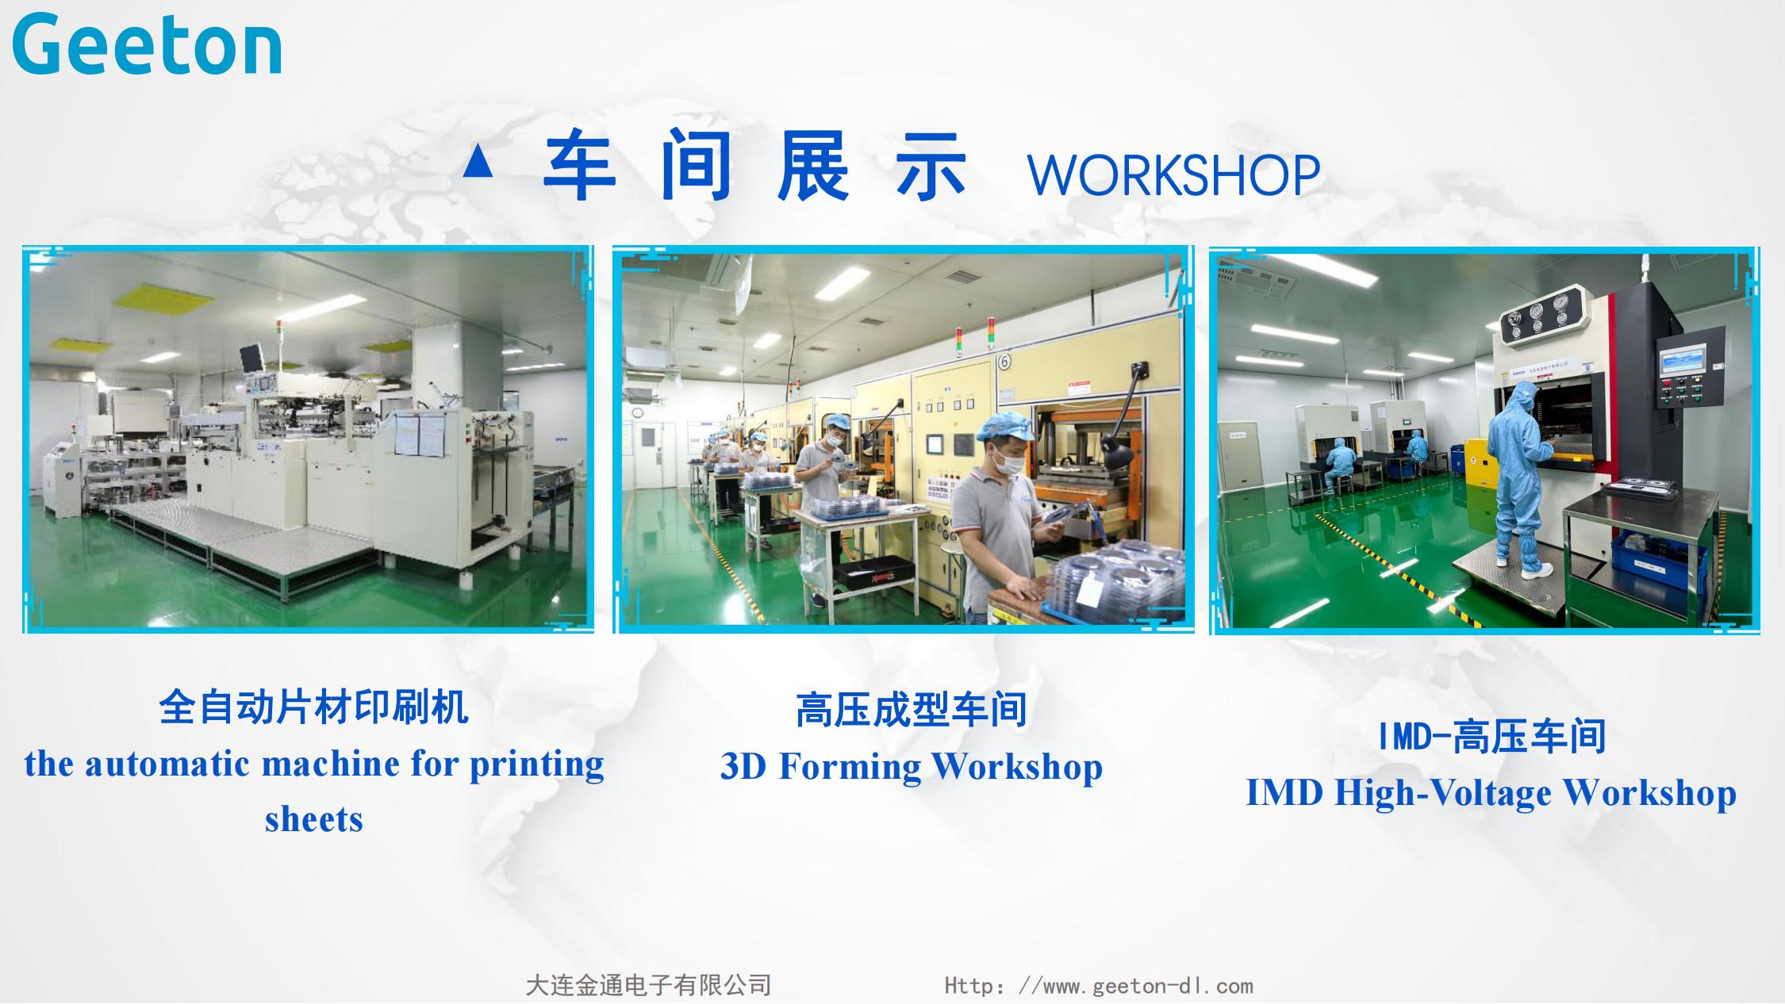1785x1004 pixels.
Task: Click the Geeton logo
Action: (x=147, y=44)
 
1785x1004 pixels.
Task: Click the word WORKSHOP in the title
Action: (x=1173, y=175)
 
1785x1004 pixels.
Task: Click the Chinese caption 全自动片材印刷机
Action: (x=314, y=706)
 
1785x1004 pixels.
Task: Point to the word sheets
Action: (x=314, y=819)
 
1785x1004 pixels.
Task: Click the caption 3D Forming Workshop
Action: (x=912, y=766)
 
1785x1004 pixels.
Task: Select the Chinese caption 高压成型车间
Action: (x=912, y=709)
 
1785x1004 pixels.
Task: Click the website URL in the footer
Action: (x=1099, y=986)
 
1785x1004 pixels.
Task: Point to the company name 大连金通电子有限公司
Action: (x=648, y=985)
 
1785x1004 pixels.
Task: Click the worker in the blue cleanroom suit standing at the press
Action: (x=1517, y=477)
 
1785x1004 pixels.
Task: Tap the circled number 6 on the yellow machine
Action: (x=1004, y=362)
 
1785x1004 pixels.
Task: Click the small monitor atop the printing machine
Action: (x=253, y=357)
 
